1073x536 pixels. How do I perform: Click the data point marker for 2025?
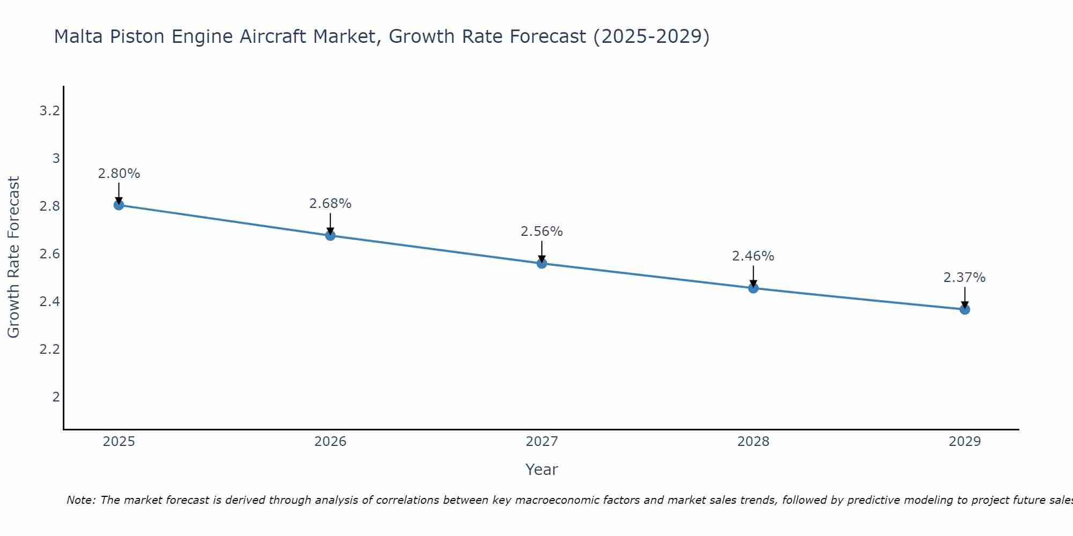pos(119,205)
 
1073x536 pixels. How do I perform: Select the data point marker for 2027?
pos(542,263)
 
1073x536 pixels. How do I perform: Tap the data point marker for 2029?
pos(965,309)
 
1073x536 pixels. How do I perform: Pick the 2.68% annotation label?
pos(330,204)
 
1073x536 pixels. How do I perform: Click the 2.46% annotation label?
pos(753,256)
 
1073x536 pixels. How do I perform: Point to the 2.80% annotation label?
pos(119,174)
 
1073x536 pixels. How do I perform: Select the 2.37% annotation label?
pos(965,278)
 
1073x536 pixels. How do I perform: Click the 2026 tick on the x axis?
pos(330,442)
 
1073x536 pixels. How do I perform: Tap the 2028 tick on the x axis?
pos(753,442)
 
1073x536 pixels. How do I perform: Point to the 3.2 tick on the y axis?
pos(49,111)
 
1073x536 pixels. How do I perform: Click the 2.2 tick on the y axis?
pos(49,349)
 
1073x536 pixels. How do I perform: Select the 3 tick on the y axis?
pos(56,159)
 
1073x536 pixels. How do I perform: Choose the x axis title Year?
pos(542,470)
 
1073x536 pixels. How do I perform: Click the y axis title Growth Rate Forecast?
pos(13,257)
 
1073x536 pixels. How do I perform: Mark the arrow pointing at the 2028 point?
pos(753,276)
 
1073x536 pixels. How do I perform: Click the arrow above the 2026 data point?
pos(330,223)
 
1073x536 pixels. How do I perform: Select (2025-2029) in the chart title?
pos(651,36)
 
